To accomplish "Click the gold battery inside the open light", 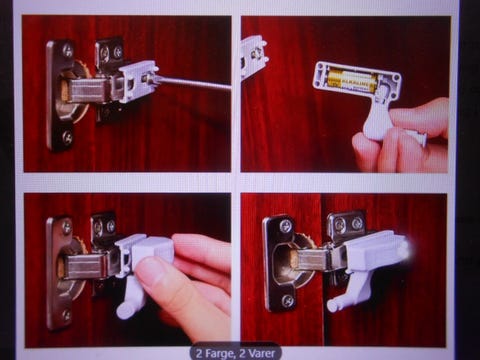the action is tap(352, 81).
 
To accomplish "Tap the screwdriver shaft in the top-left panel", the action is tap(192, 84).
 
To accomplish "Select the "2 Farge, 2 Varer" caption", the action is tap(235, 353).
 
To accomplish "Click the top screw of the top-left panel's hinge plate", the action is tap(68, 51).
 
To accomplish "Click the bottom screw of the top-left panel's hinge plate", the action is tap(67, 136).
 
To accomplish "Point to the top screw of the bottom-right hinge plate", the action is tap(286, 227).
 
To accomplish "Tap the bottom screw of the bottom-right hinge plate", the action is tap(287, 301).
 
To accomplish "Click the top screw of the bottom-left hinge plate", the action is tap(67, 227).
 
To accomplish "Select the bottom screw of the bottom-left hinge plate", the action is tap(66, 314).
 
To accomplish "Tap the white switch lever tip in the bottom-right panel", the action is tap(333, 305).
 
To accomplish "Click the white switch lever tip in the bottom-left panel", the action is tap(123, 312).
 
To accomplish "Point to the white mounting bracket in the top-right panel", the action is tap(253, 57).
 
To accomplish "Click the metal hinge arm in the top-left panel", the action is tap(87, 90).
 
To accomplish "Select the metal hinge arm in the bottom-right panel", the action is tap(313, 260).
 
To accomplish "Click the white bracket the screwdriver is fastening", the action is tap(138, 81).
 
